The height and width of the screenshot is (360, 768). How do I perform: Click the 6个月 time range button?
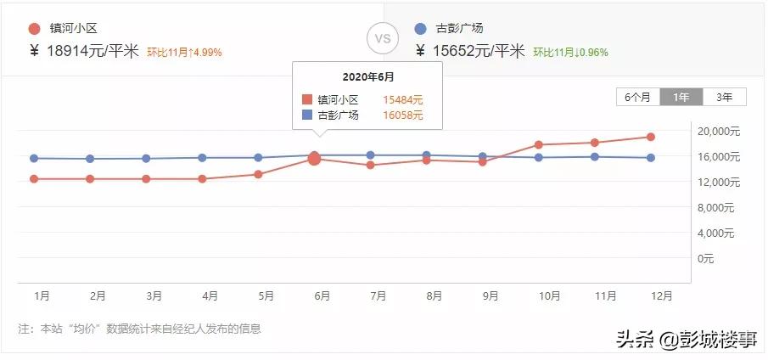click(638, 97)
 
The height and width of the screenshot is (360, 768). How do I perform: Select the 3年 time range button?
click(724, 97)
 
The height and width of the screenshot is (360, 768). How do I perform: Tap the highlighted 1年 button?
click(681, 97)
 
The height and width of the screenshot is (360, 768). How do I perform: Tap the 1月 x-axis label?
click(42, 296)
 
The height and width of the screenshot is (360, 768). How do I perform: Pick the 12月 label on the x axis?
click(662, 296)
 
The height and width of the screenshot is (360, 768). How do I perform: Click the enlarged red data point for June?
click(314, 159)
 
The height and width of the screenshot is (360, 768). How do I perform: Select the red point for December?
click(650, 137)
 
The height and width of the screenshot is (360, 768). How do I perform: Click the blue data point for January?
click(34, 158)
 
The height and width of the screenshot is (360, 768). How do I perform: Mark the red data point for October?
click(538, 144)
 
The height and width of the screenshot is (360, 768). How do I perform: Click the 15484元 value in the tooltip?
click(404, 99)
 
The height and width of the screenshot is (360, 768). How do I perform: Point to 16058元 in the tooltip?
click(404, 115)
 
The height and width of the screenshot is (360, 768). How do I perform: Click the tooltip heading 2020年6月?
click(367, 77)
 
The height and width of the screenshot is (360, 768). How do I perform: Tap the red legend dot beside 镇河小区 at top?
click(34, 28)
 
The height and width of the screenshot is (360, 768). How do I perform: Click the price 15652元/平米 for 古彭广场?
click(479, 51)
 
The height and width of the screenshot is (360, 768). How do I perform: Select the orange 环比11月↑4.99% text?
click(184, 53)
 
